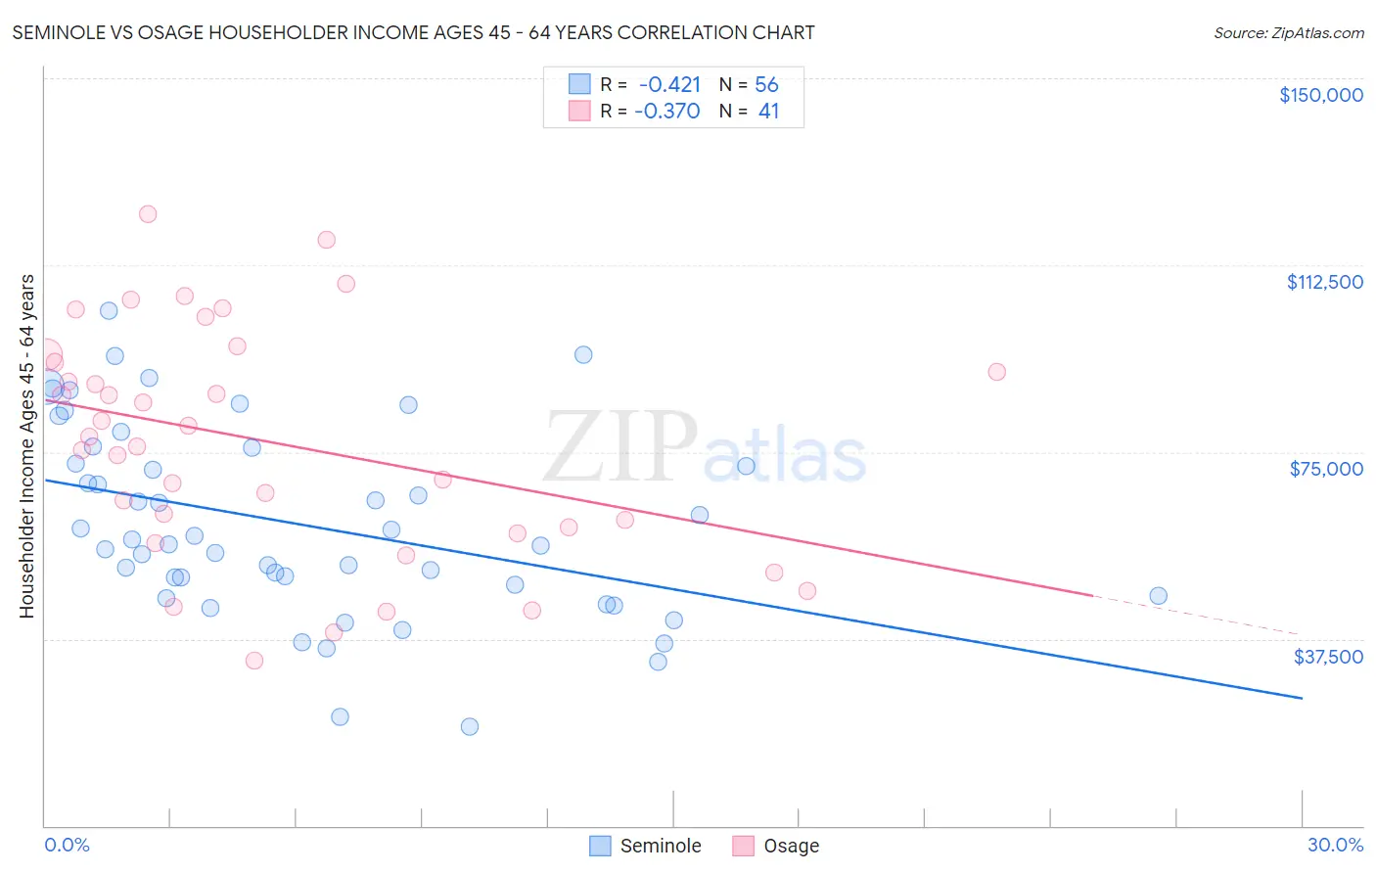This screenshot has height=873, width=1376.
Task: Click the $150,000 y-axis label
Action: [1320, 95]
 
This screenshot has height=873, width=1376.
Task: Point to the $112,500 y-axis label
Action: [1324, 282]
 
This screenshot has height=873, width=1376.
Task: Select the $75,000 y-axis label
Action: [1326, 469]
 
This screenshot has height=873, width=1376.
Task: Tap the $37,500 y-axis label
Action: [1328, 657]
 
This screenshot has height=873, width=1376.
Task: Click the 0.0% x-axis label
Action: [67, 845]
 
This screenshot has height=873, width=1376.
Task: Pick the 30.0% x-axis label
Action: [1335, 845]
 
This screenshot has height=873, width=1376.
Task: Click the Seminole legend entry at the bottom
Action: [646, 846]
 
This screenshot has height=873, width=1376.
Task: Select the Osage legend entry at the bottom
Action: [777, 846]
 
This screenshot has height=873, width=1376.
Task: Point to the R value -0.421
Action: [669, 85]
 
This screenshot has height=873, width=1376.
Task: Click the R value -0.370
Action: [667, 112]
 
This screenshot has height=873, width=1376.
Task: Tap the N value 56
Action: [766, 85]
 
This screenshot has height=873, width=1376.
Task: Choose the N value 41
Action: [768, 112]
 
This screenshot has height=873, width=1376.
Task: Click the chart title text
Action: [413, 32]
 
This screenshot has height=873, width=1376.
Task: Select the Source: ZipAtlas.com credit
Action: [1288, 33]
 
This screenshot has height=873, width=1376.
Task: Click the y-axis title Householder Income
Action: [27, 445]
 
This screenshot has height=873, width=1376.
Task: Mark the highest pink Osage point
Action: [148, 214]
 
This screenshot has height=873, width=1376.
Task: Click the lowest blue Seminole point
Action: [470, 726]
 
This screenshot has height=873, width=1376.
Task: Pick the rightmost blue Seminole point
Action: [1158, 596]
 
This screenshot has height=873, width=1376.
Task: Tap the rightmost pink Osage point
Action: [996, 372]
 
